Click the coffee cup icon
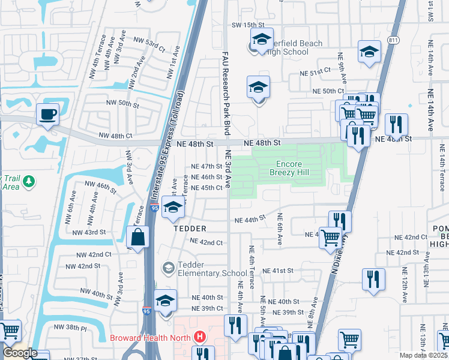click(47, 113)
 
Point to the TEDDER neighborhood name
click(190, 229)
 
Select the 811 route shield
click(394, 40)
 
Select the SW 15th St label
click(248, 25)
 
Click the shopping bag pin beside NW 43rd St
click(139, 236)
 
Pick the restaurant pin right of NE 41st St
click(373, 279)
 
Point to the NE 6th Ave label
click(279, 231)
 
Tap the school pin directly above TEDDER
click(173, 207)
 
